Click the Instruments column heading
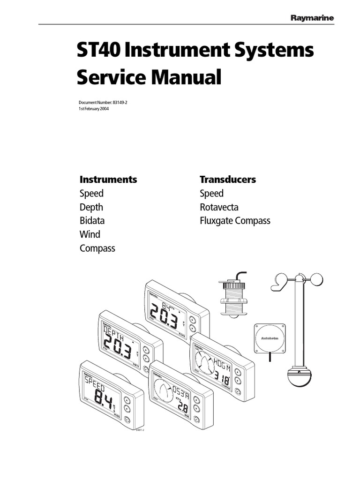[x=108, y=179]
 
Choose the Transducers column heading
[x=227, y=179]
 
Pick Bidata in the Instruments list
[x=92, y=221]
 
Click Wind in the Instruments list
[x=90, y=234]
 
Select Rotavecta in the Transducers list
[x=218, y=207]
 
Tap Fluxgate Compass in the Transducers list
[x=235, y=221]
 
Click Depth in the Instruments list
[x=91, y=207]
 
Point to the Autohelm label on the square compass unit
[x=269, y=337]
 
